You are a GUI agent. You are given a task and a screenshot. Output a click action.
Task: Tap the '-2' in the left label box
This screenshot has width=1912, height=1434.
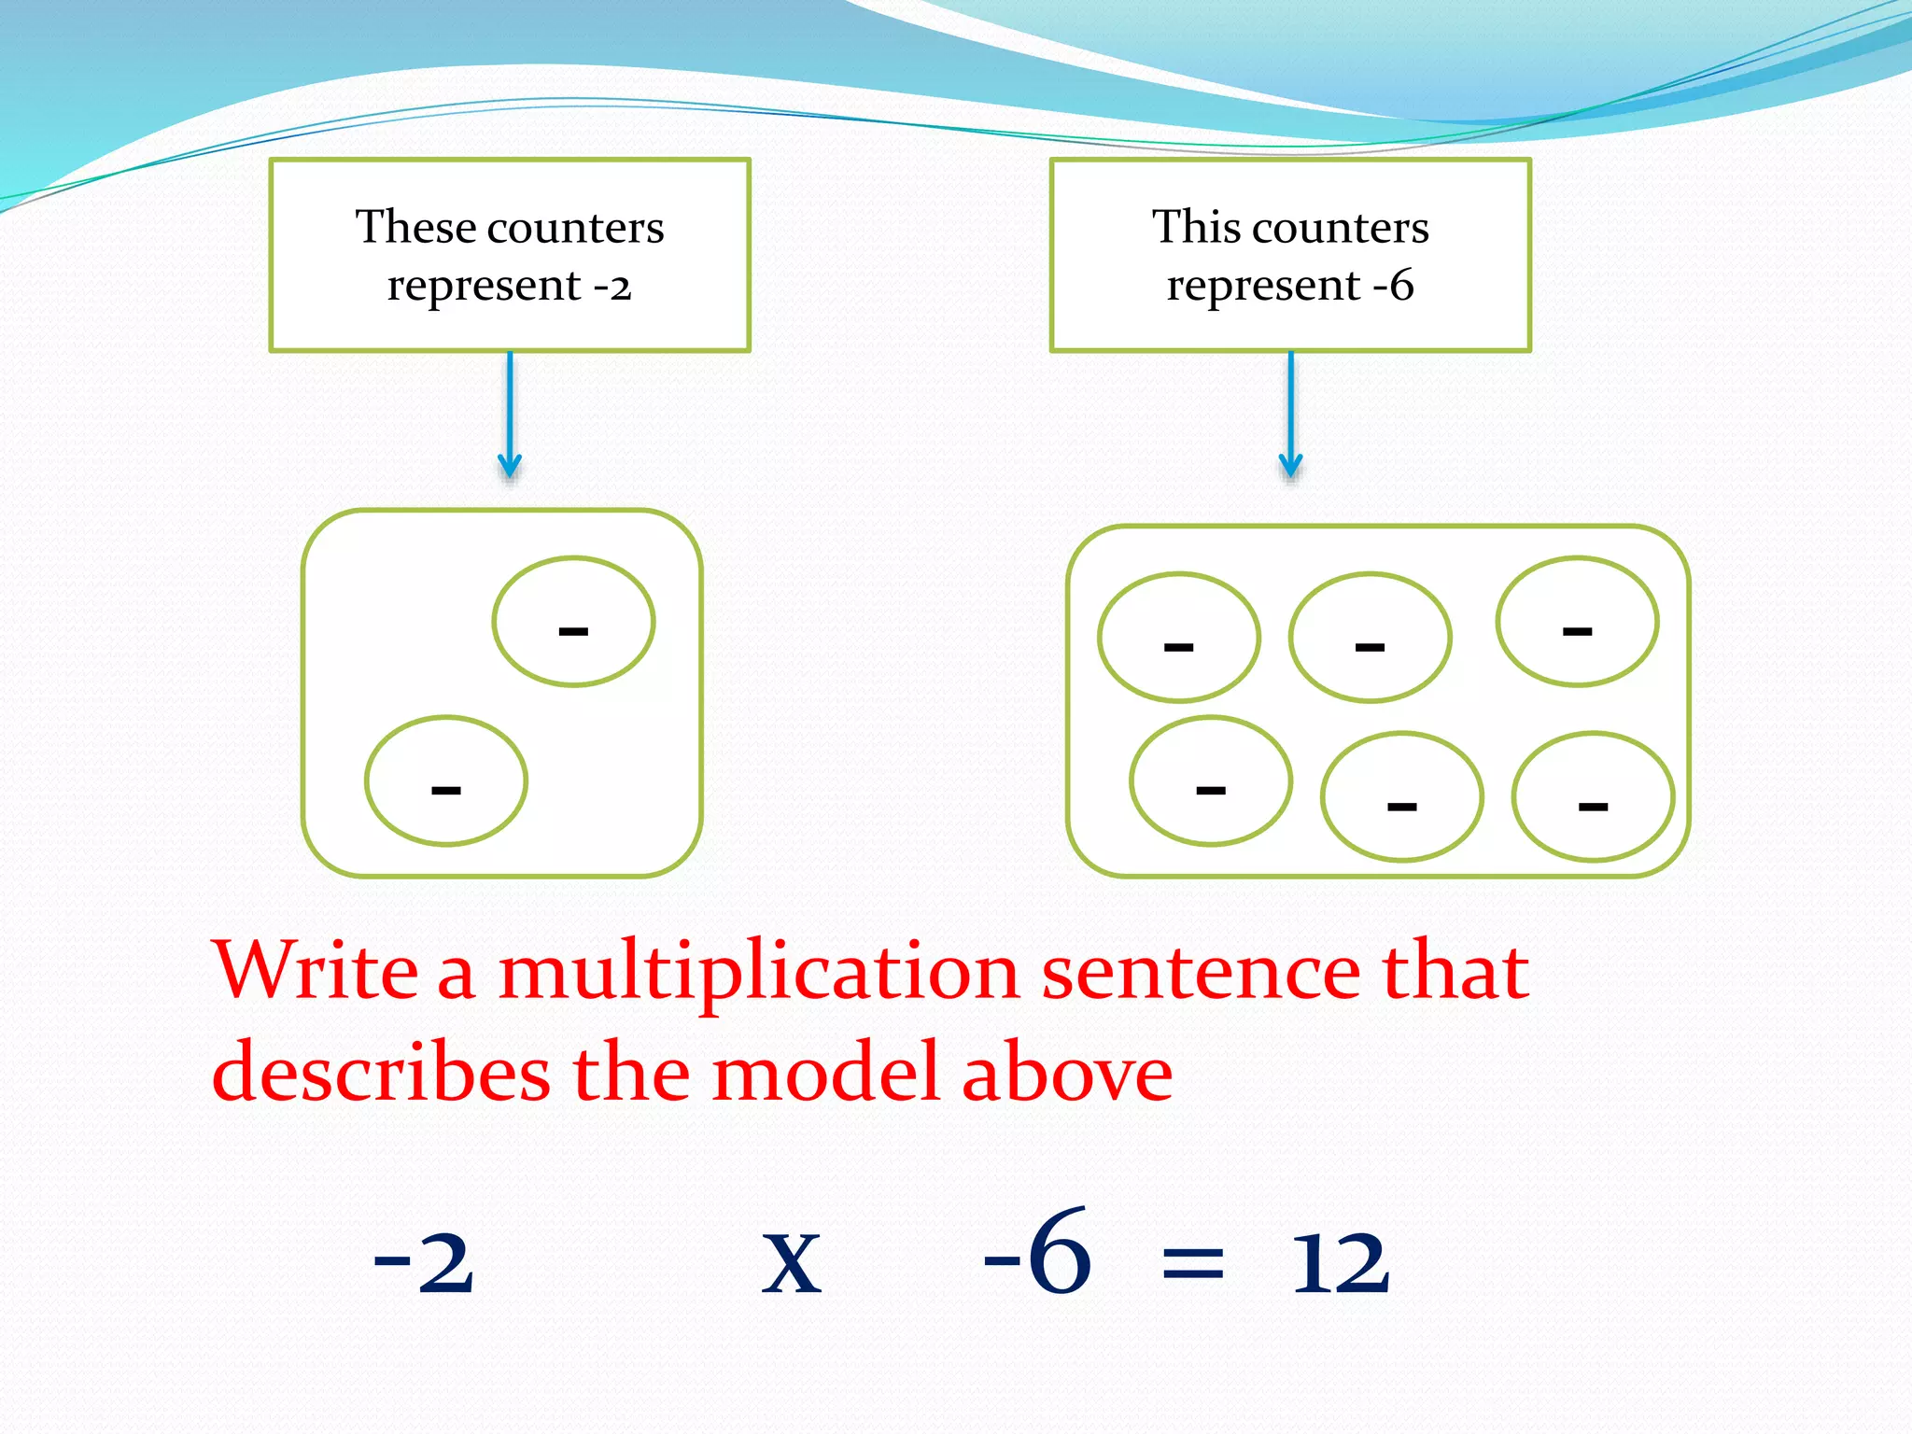pos(613,285)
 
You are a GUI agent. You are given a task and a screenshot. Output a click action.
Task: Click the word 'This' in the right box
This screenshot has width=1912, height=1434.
pos(1195,227)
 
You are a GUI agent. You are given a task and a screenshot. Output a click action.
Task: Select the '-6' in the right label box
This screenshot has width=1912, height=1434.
pos(1394,285)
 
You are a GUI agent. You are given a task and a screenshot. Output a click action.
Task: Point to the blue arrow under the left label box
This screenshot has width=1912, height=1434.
pos(510,415)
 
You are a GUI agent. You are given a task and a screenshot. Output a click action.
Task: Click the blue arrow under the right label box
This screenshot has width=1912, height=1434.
pos(1290,415)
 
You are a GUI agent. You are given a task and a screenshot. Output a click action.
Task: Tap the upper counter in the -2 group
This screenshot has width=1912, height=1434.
pos(573,622)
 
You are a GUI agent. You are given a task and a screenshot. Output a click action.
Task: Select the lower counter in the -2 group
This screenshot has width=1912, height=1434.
pos(446,780)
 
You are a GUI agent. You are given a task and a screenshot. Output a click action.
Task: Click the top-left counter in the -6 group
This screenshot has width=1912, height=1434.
pos(1179,638)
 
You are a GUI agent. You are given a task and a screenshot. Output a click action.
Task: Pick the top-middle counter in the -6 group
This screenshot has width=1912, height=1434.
pos(1370,638)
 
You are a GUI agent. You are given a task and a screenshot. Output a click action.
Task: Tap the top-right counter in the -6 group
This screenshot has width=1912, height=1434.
pos(1577,622)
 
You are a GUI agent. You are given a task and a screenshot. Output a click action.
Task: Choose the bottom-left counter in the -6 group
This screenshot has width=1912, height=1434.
pos(1211,780)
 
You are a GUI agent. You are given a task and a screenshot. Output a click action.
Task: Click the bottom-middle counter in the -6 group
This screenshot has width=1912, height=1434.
pos(1401,796)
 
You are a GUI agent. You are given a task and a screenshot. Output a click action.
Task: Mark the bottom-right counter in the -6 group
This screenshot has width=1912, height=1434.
pos(1593,796)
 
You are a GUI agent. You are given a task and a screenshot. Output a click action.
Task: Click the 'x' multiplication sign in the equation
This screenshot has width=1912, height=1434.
pos(792,1264)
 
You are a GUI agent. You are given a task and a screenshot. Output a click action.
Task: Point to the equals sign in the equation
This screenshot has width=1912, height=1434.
pos(1192,1266)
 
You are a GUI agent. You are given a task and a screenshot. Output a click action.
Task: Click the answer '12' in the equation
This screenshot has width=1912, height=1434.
pos(1341,1262)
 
